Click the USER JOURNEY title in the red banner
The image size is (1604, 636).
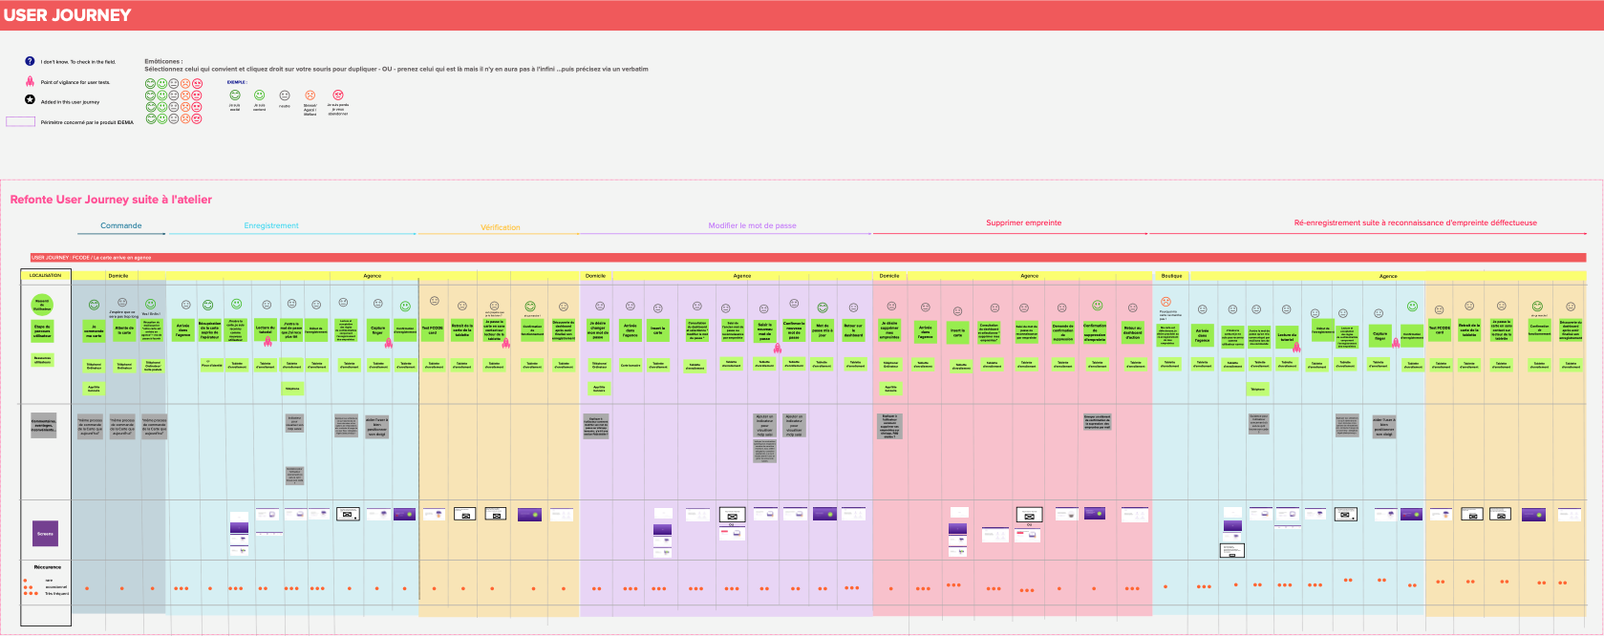[67, 15]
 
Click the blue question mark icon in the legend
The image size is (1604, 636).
[30, 61]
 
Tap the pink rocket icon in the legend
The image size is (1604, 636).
[30, 81]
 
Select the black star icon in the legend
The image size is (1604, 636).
[30, 100]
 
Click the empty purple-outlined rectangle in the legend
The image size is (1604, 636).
[21, 122]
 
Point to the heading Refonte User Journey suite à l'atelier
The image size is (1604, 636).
[111, 200]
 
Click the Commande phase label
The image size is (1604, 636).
[121, 226]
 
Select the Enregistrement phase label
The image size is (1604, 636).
[271, 226]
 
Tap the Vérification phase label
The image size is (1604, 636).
[501, 227]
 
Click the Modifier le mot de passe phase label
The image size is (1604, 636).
[752, 226]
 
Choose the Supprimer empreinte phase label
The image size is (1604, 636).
[1023, 223]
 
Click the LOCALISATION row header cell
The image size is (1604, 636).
[45, 276]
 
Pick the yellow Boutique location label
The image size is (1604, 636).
[1171, 276]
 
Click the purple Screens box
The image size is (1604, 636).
[45, 534]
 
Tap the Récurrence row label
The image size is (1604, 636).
[47, 567]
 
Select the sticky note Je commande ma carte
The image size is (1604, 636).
[94, 331]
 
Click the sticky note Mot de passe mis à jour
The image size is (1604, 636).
[822, 330]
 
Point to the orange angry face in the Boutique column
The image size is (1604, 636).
[1166, 302]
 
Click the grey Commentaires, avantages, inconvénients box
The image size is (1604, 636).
[44, 425]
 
